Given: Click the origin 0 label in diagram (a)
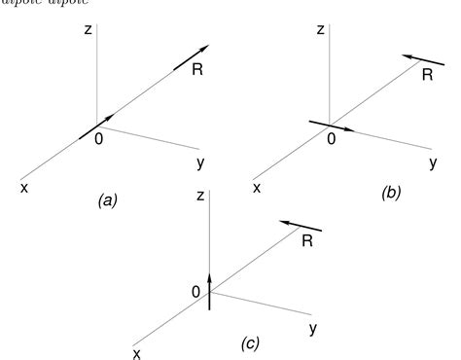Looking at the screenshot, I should [98, 138].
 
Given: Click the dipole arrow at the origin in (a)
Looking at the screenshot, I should [95, 123].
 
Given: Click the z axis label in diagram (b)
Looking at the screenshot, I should [321, 31].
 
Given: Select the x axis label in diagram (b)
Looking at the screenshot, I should [257, 186].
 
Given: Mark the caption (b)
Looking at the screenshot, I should [390, 193].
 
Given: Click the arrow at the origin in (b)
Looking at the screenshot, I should [331, 125].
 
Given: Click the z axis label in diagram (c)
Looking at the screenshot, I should [198, 196].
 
